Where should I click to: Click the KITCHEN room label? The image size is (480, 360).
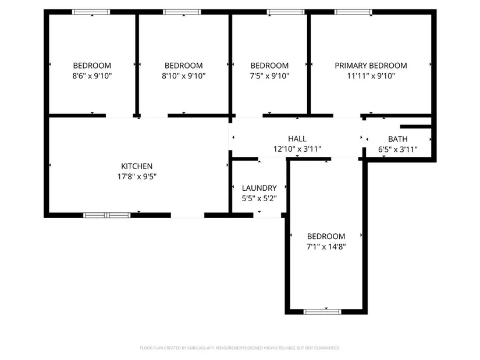click(137, 166)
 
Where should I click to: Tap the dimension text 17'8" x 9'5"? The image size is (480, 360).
click(137, 177)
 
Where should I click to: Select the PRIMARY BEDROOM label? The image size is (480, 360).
click(371, 66)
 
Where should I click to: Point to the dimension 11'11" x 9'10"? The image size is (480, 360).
click(371, 76)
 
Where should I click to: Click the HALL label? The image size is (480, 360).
click(297, 139)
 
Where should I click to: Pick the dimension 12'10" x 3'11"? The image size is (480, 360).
click(297, 149)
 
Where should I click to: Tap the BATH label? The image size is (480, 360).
click(397, 139)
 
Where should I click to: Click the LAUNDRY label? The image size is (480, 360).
click(259, 188)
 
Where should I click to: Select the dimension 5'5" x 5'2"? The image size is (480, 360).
click(259, 198)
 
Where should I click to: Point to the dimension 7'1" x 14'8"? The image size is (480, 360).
click(326, 247)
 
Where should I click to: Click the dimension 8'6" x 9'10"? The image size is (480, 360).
click(92, 76)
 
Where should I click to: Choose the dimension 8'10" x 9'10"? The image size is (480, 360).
click(183, 76)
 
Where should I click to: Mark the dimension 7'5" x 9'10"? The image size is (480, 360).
click(269, 76)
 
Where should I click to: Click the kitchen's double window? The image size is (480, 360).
click(107, 215)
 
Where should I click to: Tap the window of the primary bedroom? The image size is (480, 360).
click(353, 12)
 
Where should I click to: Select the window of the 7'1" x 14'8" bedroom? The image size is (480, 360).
click(322, 312)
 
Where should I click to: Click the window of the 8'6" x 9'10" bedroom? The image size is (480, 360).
click(91, 12)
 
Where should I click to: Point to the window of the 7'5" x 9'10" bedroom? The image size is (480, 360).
click(286, 12)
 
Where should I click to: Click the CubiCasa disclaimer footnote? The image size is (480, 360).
click(240, 348)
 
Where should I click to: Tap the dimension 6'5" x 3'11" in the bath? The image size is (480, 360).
click(397, 149)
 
